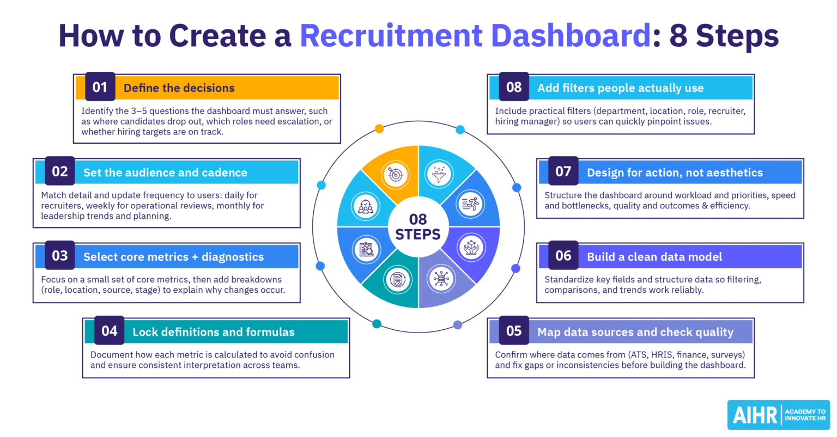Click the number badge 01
pos(100,87)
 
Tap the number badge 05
pos(513,331)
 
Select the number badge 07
pos(563,171)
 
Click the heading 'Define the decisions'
pos(179,88)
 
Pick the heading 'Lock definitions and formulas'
pos(214,332)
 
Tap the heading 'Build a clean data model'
pos(654,257)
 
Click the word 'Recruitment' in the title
pos(391,36)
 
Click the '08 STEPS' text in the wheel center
pos(418,227)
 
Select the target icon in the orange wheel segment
pos(396,175)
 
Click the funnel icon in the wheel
pos(439,174)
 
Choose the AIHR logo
pos(778,415)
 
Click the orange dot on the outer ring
pos(379,129)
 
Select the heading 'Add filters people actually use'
pos(620,88)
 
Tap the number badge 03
pos(60,256)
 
